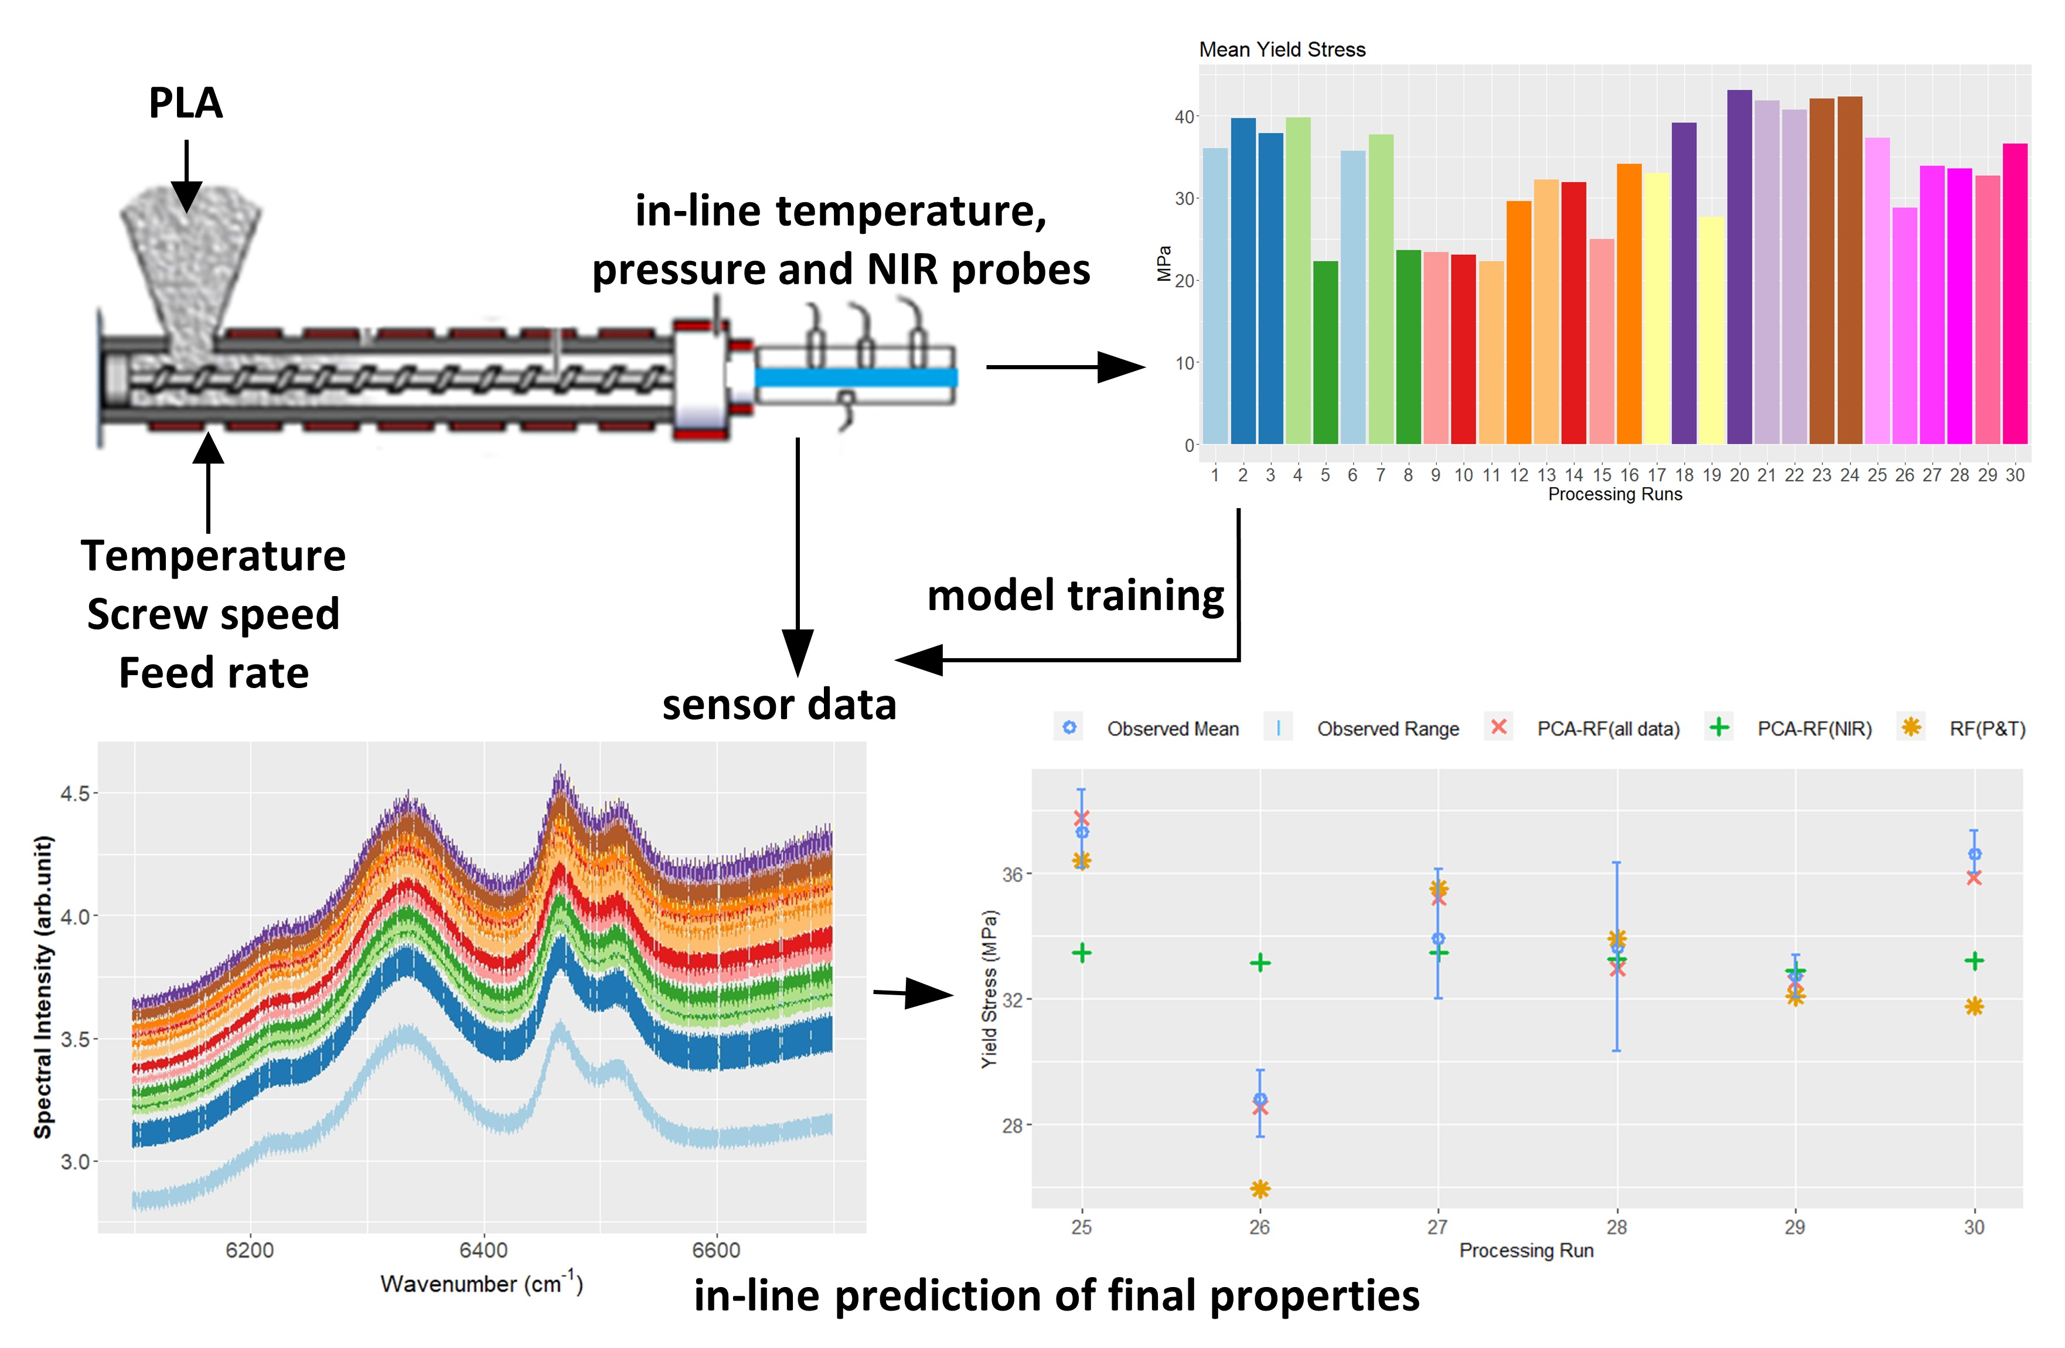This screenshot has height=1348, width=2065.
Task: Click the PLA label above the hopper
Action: (186, 103)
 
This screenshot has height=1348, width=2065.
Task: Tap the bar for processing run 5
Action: (1325, 352)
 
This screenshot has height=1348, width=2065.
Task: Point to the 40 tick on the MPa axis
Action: (1184, 116)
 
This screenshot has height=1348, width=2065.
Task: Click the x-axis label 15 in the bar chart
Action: (1601, 475)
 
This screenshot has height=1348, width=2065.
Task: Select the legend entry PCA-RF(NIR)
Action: (1814, 729)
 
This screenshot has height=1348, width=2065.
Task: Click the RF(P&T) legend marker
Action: (1910, 727)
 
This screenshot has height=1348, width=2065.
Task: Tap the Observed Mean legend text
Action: (1172, 729)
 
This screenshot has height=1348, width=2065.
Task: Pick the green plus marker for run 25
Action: (1081, 953)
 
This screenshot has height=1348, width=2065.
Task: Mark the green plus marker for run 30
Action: (1974, 961)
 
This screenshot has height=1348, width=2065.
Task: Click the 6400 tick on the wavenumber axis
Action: (483, 1250)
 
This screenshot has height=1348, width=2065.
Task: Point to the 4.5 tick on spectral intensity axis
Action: (74, 794)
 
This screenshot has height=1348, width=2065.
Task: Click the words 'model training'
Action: (1075, 595)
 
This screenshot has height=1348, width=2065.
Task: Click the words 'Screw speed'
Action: (213, 615)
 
